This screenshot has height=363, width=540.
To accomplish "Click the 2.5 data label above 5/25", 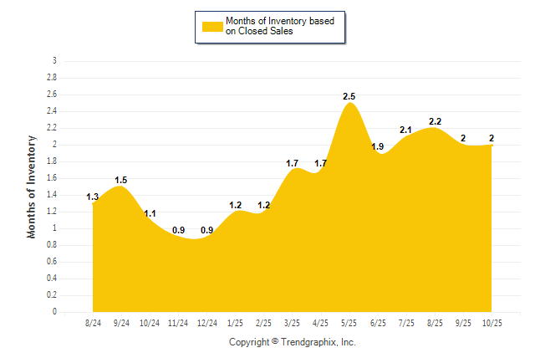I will click(349, 97).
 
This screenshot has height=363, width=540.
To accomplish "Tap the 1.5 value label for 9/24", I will click(121, 180).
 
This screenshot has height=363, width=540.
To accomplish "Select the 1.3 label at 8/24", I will click(93, 197).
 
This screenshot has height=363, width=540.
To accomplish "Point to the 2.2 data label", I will click(435, 122).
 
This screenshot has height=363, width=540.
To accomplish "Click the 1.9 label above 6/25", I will click(378, 147).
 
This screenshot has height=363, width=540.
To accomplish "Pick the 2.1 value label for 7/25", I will click(406, 130).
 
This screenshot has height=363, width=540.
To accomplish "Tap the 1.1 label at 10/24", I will click(150, 214).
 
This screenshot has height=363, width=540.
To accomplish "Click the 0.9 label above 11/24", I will click(178, 231).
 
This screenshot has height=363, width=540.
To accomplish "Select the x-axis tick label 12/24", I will click(206, 322).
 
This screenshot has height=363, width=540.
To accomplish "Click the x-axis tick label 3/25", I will click(293, 322).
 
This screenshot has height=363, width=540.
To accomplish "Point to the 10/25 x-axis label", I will click(492, 322).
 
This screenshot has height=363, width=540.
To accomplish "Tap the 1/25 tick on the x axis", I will click(236, 322).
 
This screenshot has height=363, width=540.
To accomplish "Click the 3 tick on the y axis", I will click(54, 61).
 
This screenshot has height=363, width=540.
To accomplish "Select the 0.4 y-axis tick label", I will click(52, 279).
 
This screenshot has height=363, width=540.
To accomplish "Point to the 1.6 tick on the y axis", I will click(52, 178).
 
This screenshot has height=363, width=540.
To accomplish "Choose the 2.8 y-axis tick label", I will click(52, 78).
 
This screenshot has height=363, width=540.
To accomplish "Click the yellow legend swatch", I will click(212, 26).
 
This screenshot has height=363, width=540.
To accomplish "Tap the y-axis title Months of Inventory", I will click(32, 187).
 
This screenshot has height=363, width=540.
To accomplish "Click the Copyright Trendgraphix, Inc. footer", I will click(293, 342).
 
